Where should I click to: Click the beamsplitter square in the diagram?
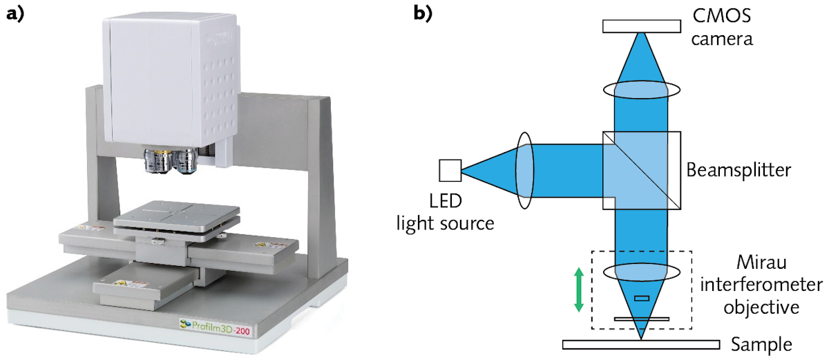click(x=641, y=170)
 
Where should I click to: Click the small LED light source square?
click(x=450, y=170)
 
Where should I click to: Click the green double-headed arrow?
click(x=579, y=291)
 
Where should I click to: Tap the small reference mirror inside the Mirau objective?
click(x=642, y=299)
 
